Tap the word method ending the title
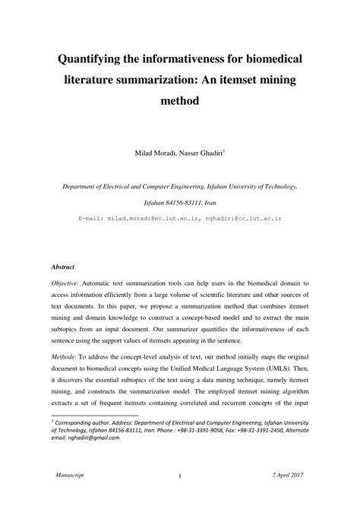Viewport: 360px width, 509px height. coord(180,100)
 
